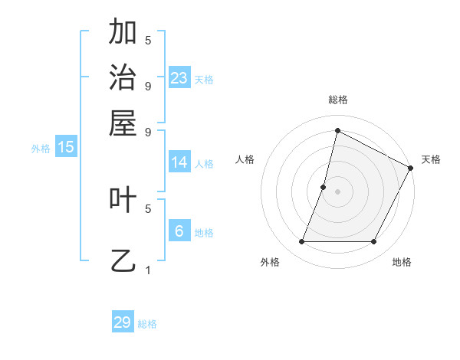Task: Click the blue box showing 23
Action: [179, 77]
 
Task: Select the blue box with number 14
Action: [179, 162]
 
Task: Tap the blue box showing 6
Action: [179, 231]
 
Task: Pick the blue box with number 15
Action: [66, 147]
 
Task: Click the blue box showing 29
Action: [123, 322]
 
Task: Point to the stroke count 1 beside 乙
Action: [148, 270]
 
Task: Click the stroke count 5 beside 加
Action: [148, 40]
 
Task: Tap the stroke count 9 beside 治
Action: [148, 86]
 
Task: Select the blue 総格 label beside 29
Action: [148, 324]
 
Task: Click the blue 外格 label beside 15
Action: [41, 149]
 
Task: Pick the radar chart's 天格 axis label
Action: [432, 159]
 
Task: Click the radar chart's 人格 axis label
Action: [245, 159]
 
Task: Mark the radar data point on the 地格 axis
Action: [374, 242]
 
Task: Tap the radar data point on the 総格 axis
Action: [337, 131]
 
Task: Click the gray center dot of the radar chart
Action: [337, 191]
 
